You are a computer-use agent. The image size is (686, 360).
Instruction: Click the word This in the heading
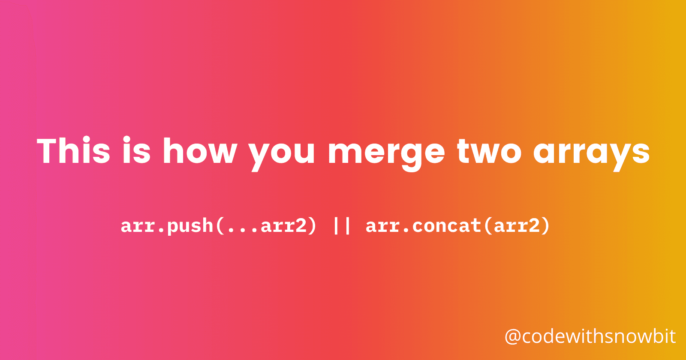[x=74, y=151]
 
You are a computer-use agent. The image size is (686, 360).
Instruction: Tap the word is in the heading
[x=136, y=151]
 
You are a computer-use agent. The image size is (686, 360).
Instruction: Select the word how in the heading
[x=200, y=151]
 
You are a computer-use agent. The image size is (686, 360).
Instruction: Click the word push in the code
[x=190, y=226]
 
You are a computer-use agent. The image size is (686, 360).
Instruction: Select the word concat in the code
[x=446, y=226]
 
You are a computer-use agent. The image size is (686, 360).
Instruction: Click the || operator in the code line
[x=342, y=226]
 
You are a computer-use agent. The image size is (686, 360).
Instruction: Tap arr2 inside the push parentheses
[x=283, y=226]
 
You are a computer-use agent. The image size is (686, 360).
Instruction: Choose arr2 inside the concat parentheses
[x=516, y=226]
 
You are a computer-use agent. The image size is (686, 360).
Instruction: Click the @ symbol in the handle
[x=513, y=337]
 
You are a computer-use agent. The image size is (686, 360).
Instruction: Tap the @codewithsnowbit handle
[x=590, y=337]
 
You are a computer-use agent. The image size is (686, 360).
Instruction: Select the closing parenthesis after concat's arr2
[x=545, y=226]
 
